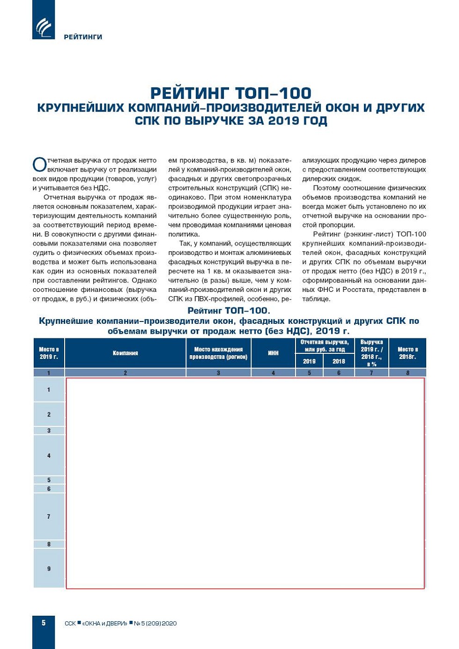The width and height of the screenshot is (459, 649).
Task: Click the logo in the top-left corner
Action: pos(44,27)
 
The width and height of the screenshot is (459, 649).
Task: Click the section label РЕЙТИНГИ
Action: pos(83,37)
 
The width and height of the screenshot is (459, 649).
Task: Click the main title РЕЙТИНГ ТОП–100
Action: pos(230,93)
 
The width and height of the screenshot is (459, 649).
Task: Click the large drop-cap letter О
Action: pos(39,165)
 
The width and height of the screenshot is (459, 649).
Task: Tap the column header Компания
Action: pos(126,353)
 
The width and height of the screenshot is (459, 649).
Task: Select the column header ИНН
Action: pos(274,353)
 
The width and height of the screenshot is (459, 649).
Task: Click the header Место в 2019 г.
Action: pos(49,353)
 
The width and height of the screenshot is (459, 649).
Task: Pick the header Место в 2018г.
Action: pos(407,353)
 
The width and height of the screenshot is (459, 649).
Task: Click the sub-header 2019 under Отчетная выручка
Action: pos(309,361)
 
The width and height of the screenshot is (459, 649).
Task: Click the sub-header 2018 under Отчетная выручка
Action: pos(339,361)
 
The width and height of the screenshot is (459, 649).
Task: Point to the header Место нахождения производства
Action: pos(218,353)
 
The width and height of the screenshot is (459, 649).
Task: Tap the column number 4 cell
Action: pos(274,373)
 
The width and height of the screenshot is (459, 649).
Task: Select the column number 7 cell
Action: pos(371,373)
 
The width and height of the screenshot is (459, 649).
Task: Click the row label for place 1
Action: pos(49,390)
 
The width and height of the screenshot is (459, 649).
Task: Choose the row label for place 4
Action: pos(49,455)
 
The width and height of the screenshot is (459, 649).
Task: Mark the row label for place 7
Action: pos(49,516)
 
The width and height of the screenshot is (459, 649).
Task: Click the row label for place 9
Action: pos(49,569)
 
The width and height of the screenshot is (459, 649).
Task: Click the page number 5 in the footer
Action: pos(44,623)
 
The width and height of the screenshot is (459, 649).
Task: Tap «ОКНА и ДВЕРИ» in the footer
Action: pos(104,624)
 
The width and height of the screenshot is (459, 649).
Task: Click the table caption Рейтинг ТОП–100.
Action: pos(229,311)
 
